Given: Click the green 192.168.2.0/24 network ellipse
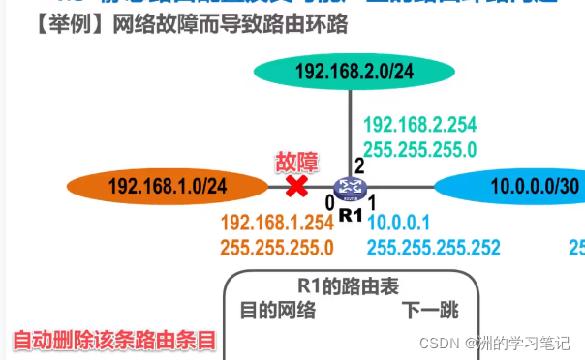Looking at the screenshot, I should click(x=354, y=71).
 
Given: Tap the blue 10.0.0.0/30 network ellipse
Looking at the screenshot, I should click(x=513, y=186).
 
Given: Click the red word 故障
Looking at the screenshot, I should click(x=296, y=161).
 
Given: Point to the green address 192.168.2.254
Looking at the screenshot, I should click(x=419, y=125).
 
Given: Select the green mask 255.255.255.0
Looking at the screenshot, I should click(x=419, y=149).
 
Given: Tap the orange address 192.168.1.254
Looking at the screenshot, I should click(x=277, y=222).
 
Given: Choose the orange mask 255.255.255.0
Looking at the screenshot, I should click(x=277, y=247).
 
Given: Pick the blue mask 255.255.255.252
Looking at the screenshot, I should click(x=433, y=247).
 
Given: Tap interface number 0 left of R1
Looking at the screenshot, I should click(x=329, y=203).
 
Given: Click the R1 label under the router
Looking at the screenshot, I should click(x=350, y=213).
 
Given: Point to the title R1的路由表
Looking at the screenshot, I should click(x=350, y=286).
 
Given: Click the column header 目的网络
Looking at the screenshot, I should click(x=278, y=311).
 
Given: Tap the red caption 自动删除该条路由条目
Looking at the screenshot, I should click(x=112, y=341).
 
